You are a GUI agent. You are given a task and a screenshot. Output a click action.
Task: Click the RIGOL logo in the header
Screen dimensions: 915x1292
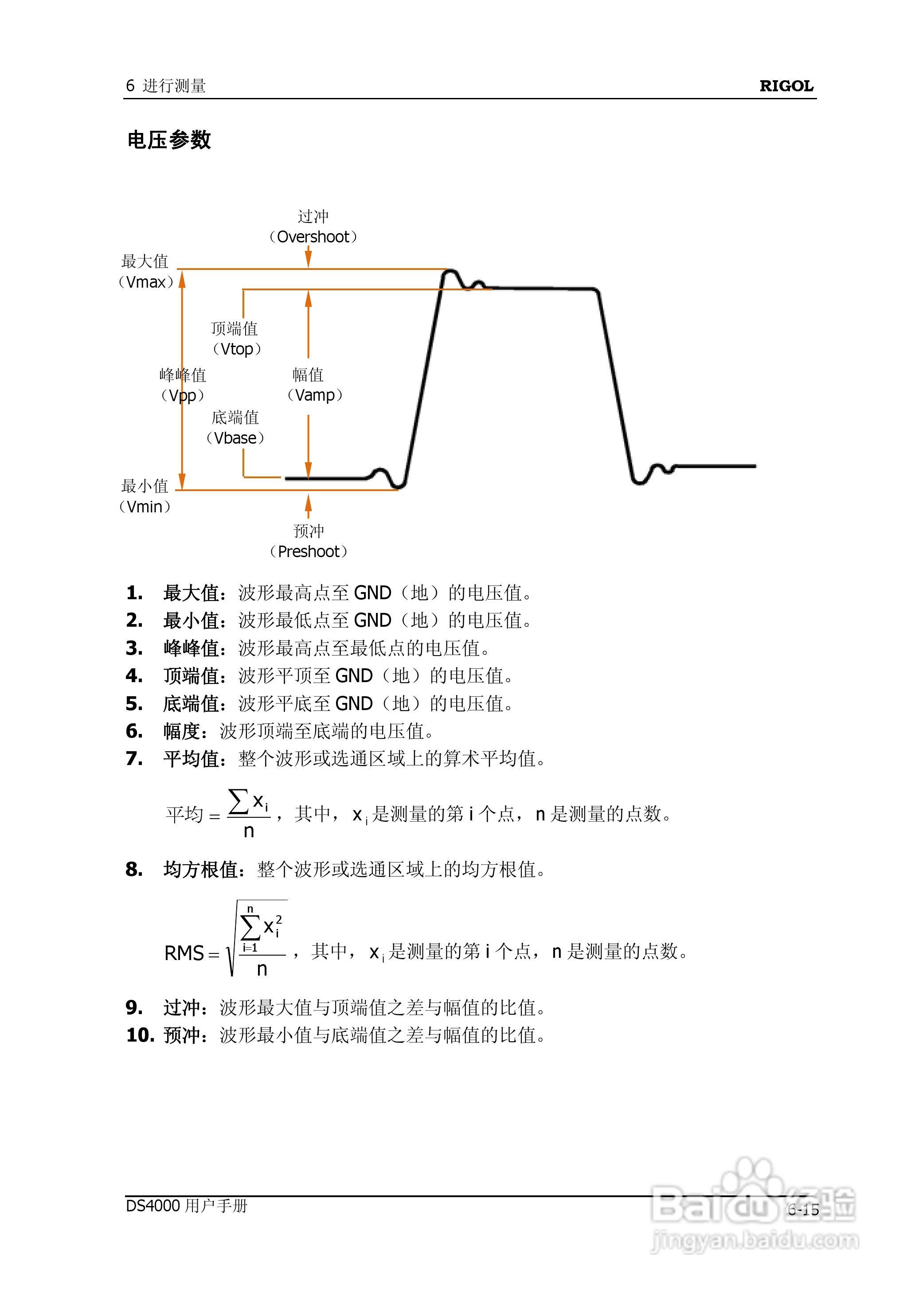[786, 86]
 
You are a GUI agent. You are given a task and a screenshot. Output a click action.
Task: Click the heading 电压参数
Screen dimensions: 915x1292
[169, 140]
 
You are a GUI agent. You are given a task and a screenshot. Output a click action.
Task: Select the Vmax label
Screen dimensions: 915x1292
[146, 281]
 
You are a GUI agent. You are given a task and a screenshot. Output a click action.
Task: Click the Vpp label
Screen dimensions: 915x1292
[183, 395]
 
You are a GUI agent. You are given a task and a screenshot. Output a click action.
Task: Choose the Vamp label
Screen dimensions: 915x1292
[314, 395]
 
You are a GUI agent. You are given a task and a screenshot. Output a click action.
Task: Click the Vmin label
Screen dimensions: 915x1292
[145, 506]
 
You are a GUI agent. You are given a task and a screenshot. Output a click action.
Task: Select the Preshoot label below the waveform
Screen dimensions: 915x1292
[308, 551]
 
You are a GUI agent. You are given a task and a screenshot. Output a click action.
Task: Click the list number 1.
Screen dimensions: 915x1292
[134, 593]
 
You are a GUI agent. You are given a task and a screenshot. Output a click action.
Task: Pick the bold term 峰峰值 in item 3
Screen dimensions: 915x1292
[191, 648]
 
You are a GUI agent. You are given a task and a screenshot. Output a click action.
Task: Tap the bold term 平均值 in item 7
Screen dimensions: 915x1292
[191, 759]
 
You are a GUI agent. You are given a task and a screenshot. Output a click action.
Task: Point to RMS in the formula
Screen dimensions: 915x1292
[184, 953]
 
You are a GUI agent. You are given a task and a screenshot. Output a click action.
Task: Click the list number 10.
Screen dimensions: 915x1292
[140, 1035]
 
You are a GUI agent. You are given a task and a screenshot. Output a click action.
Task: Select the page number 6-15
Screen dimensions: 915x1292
[803, 1210]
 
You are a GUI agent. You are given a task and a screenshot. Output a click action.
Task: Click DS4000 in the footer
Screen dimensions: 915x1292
[152, 1206]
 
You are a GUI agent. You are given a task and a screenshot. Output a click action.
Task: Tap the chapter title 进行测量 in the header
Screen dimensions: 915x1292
[174, 86]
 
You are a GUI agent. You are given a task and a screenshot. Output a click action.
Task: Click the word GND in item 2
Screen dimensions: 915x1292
[372, 621]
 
